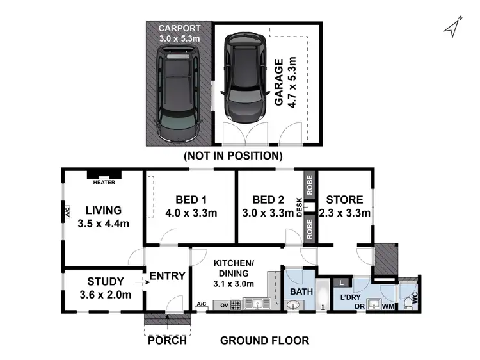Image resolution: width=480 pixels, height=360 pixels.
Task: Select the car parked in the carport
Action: (x=178, y=97)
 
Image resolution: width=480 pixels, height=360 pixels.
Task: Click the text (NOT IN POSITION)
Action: (x=232, y=156)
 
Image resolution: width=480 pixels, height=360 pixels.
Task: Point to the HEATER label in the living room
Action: (x=103, y=183)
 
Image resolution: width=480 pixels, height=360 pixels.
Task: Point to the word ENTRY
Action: (x=167, y=276)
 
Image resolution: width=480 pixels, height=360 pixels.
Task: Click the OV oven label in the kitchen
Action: (x=224, y=304)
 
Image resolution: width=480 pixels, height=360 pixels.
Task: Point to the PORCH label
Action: (x=166, y=340)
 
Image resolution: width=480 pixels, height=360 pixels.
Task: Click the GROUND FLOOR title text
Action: (x=264, y=340)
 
